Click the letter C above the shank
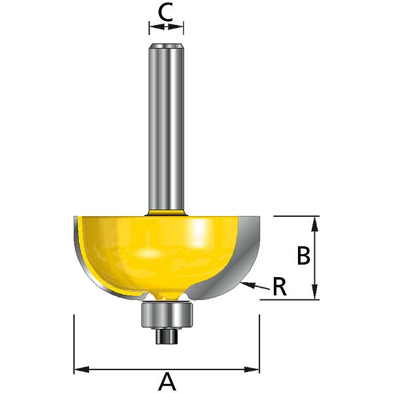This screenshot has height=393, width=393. click(x=166, y=12)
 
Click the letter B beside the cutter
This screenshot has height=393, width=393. click(x=303, y=255)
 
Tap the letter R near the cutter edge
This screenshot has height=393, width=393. click(x=280, y=287)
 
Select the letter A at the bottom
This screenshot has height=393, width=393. click(x=166, y=381)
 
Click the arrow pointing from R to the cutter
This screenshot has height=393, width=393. click(x=255, y=286)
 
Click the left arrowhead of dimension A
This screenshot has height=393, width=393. click(x=82, y=369)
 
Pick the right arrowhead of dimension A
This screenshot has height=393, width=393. click(x=252, y=369)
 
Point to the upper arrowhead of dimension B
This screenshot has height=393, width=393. click(x=315, y=224)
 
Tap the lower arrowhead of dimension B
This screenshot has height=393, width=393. click(x=315, y=291)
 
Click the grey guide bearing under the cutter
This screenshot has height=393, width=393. click(x=168, y=315)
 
